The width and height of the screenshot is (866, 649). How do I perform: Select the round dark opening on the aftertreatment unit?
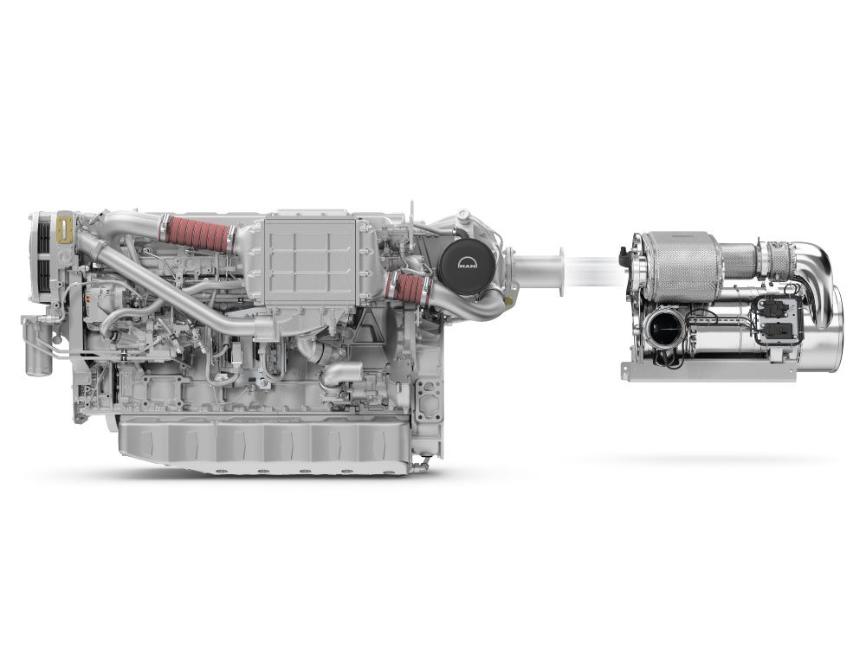point(662,330)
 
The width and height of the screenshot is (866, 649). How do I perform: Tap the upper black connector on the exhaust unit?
point(770,307)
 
